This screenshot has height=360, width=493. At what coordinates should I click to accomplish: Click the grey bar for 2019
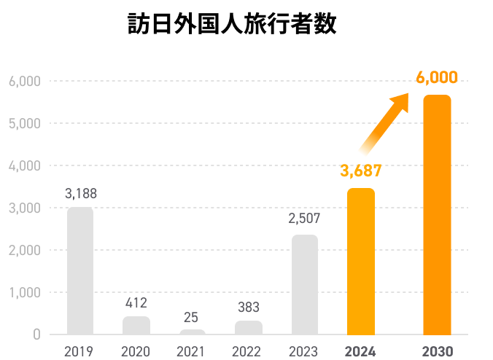(80, 271)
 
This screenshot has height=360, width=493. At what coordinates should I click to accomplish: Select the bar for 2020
(136, 325)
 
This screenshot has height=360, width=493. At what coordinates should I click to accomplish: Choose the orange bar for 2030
(437, 214)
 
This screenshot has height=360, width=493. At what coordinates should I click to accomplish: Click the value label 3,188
(80, 194)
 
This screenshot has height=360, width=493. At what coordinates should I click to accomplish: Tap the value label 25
(190, 318)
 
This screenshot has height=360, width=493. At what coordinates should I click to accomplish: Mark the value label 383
(248, 308)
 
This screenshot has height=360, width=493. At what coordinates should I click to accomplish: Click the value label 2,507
(304, 218)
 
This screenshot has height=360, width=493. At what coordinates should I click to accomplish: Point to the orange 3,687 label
(361, 172)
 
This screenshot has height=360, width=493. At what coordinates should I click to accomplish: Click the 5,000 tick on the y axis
(25, 123)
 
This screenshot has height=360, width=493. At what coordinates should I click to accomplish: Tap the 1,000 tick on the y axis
(25, 293)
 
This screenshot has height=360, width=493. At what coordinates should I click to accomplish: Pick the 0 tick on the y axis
(35, 335)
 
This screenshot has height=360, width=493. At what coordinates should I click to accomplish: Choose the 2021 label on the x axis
(190, 351)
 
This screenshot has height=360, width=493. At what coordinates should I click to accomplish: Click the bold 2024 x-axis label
(360, 351)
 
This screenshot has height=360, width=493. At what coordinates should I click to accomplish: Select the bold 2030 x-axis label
(437, 351)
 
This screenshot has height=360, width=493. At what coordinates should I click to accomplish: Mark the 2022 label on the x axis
(246, 351)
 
